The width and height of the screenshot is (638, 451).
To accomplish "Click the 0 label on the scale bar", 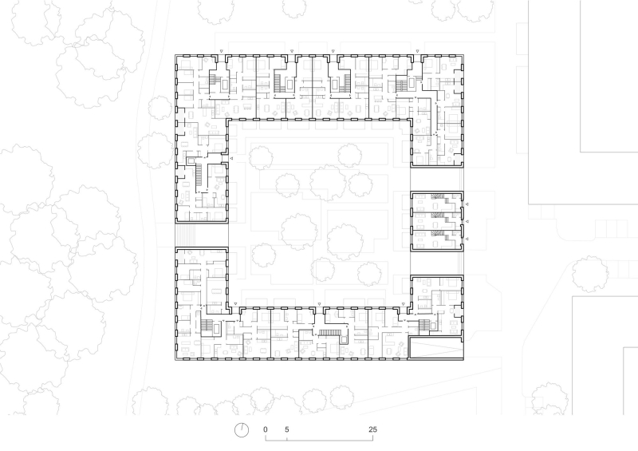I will [x=266, y=429].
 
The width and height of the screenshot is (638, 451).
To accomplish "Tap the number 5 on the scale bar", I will [x=287, y=429].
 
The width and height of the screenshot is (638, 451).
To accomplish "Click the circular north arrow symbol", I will [x=242, y=430].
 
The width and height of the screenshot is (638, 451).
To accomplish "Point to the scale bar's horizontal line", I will [x=319, y=440].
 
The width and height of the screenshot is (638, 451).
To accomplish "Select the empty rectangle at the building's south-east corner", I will [x=435, y=347].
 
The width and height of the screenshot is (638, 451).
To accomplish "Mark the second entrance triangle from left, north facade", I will [x=292, y=51].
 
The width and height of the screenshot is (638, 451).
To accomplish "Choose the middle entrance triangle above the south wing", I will [x=320, y=304].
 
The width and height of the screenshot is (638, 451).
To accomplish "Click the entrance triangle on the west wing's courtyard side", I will [x=231, y=160].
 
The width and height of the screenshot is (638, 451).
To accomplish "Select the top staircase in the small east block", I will [x=437, y=196].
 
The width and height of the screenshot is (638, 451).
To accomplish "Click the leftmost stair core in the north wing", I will [x=214, y=80].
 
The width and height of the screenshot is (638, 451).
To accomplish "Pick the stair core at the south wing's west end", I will [x=209, y=326].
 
